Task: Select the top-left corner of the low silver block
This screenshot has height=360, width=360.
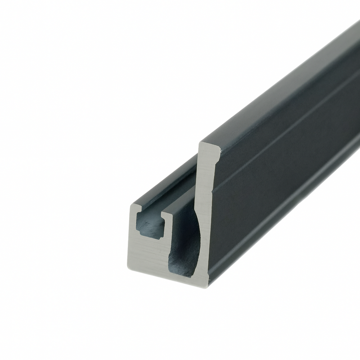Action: [132, 206]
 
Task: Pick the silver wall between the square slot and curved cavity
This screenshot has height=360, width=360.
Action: [167, 238]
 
